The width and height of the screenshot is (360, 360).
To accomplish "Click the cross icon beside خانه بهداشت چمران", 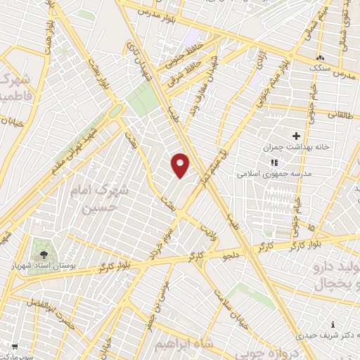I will pyautogui.click(x=295, y=136).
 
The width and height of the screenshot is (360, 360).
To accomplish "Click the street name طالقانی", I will pyautogui.click(x=340, y=113).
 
